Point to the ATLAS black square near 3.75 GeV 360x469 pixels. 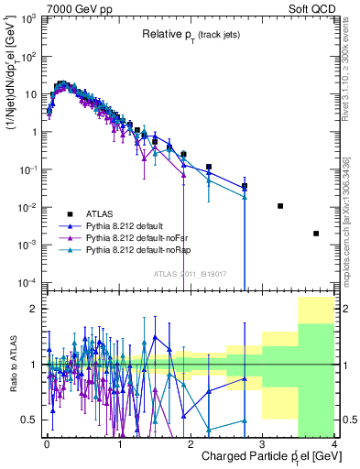pos(316,234)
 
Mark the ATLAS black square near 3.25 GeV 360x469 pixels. pos(280,206)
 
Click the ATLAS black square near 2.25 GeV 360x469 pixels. pos(209,168)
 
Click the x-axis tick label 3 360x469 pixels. pos(262,443)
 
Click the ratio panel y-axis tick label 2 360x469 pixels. pos(36,309)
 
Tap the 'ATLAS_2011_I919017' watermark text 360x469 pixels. pos(190,274)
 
